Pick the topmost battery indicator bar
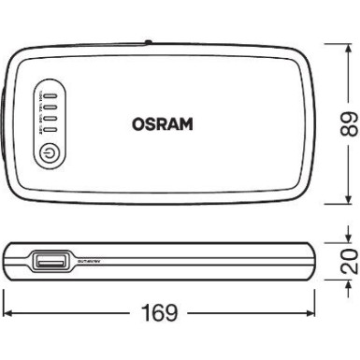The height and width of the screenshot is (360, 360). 51,95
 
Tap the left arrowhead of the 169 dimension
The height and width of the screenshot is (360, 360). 7,310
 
